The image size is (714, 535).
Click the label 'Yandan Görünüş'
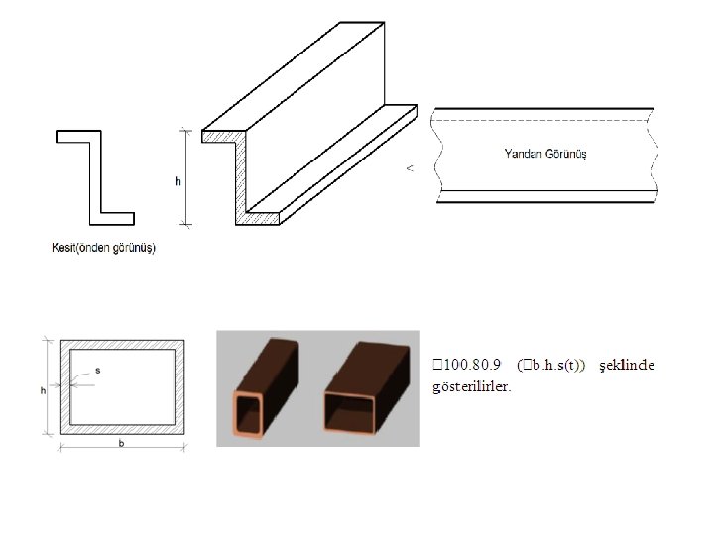pos(545,154)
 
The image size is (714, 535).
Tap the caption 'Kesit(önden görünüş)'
pos(103,248)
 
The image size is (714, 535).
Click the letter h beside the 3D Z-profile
pos(178,181)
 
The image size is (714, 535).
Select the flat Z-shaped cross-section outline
pos(96,177)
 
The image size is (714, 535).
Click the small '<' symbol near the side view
pos(410,168)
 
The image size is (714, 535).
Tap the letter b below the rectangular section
pos(121,444)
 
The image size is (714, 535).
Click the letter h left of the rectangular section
pos(43,390)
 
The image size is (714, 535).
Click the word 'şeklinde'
pos(628,366)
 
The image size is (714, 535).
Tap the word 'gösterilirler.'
pos(472,386)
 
